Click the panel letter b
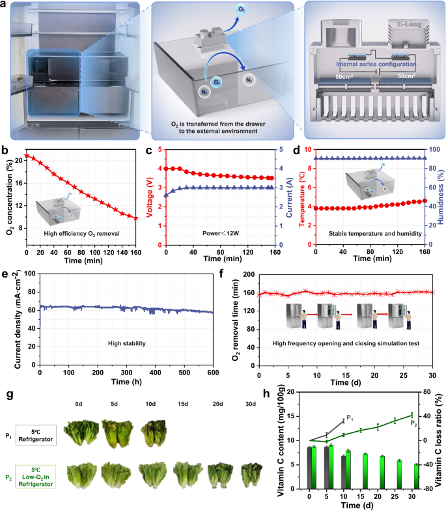pyautogui.click(x=5, y=151)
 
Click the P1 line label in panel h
pyautogui.click(x=350, y=418)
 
